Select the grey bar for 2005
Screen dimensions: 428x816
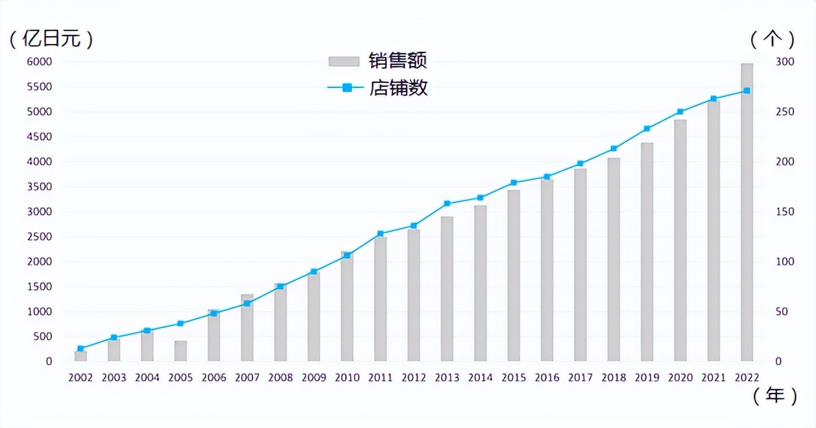(180, 351)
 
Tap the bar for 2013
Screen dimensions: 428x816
(447, 289)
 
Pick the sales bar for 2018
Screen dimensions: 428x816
(614, 259)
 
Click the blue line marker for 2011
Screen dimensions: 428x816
(381, 233)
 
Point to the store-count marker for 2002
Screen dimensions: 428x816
(80, 348)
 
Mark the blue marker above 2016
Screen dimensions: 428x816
(547, 176)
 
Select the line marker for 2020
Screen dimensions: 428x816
(680, 112)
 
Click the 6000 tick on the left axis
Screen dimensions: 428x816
(39, 62)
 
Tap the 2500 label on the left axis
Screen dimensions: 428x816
(39, 237)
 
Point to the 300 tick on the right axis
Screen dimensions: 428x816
(784, 62)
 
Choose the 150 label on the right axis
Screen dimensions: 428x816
(784, 212)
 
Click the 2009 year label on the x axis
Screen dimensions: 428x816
(314, 377)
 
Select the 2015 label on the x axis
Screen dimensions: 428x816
(514, 377)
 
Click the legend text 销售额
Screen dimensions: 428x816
(398, 61)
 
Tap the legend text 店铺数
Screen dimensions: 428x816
(398, 88)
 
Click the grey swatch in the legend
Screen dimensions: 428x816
(344, 61)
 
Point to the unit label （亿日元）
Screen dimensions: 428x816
(51, 39)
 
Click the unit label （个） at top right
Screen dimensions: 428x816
(773, 39)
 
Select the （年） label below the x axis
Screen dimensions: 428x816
(775, 396)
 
